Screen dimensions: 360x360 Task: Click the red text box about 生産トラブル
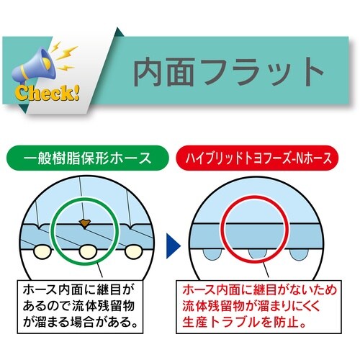click(x=268, y=305)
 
